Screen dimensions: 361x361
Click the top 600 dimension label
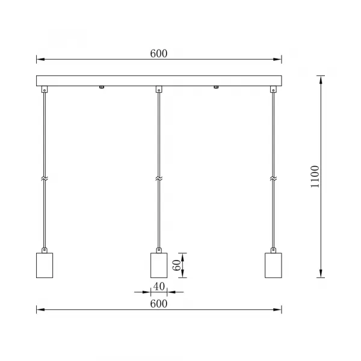click(x=158, y=53)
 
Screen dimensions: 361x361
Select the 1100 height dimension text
click(x=315, y=177)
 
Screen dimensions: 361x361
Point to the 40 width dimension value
click(x=158, y=286)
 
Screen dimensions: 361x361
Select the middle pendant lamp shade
click(x=158, y=265)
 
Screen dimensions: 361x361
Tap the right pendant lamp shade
click(x=273, y=265)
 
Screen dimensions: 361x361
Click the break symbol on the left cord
click(x=44, y=179)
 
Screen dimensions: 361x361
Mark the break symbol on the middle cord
click(x=158, y=179)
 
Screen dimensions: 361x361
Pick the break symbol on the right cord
click(x=273, y=179)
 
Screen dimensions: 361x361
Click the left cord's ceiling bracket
click(x=44, y=90)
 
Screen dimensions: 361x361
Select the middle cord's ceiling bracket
click(x=158, y=90)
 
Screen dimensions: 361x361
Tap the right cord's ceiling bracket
click(x=273, y=90)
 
